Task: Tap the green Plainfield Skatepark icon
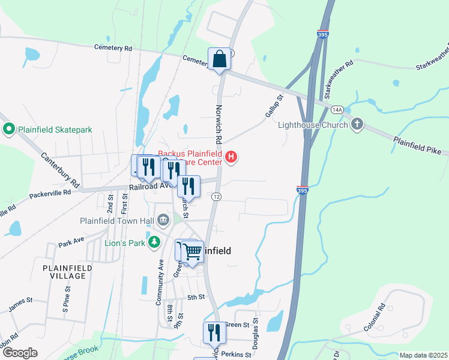click(x=9, y=129)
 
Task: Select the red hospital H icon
click(x=232, y=158)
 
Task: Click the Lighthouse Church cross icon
click(x=357, y=124)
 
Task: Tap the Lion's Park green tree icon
click(x=155, y=242)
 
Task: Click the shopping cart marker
click(x=192, y=253)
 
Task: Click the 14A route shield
click(x=337, y=110)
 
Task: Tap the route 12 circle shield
click(x=216, y=197)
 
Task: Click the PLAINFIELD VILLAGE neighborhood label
click(x=67, y=271)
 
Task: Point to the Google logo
click(x=20, y=353)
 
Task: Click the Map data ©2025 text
click(x=423, y=355)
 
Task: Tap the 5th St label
click(x=196, y=297)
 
